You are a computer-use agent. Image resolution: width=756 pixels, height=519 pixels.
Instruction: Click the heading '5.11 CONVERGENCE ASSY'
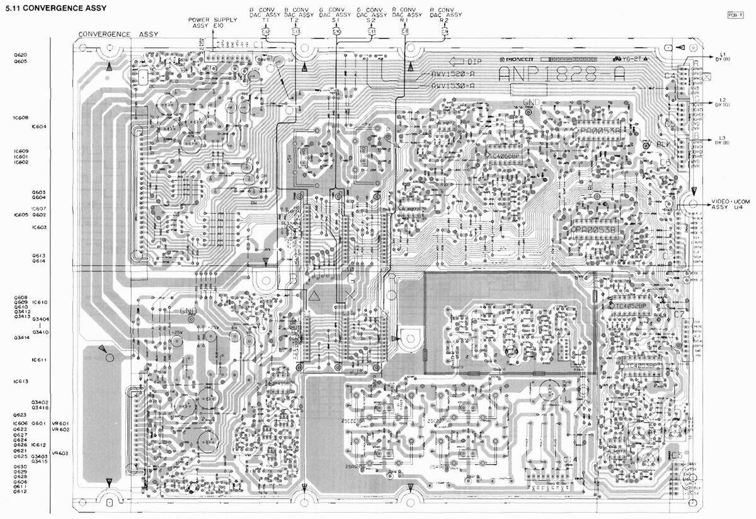(x=55, y=8)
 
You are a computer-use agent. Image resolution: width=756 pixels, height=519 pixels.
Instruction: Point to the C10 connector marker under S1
(x=336, y=31)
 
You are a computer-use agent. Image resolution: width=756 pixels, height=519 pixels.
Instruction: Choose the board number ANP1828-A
(x=561, y=74)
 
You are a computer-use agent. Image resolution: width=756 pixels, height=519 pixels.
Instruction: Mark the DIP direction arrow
(x=465, y=62)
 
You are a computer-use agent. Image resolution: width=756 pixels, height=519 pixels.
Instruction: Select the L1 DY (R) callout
(x=723, y=56)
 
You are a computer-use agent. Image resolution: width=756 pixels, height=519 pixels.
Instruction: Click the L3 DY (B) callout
(x=723, y=140)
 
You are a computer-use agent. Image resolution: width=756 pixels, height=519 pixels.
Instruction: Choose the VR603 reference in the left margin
(x=60, y=453)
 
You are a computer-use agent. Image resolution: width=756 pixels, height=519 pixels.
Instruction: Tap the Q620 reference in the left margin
(x=20, y=55)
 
